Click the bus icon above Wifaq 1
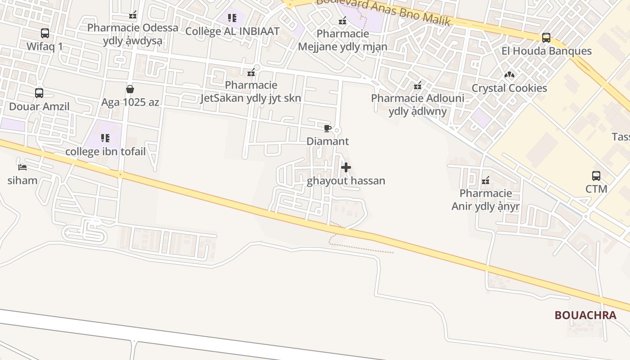(45, 33)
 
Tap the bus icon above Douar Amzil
(39, 93)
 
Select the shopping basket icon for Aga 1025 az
(130, 89)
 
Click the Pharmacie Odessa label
(133, 27)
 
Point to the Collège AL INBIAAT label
(232, 31)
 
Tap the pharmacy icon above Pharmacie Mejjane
(342, 21)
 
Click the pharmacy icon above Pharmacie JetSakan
(251, 72)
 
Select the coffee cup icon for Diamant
(327, 128)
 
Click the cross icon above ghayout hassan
(346, 168)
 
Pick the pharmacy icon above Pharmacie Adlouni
(418, 85)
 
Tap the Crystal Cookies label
(509, 88)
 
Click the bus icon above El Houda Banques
(546, 38)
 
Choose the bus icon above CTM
(596, 176)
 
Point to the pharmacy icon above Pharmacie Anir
(486, 180)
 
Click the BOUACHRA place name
(585, 315)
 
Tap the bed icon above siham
(22, 167)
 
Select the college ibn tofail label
(105, 151)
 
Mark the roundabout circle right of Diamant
(337, 130)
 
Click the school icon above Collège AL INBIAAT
(232, 18)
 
